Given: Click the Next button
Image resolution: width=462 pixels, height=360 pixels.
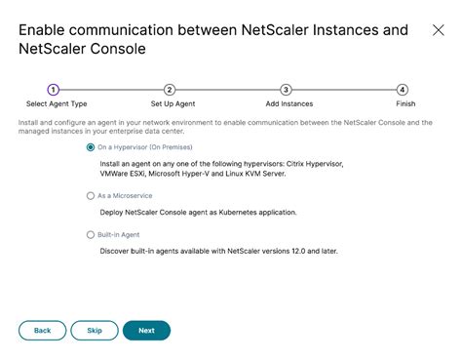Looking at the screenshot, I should pos(146,331).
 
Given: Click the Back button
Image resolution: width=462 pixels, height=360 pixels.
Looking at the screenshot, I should pos(42,331).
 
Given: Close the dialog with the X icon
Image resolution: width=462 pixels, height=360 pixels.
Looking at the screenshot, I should pos(438,30).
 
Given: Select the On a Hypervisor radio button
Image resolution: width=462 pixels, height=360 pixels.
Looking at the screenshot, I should pos(92,147).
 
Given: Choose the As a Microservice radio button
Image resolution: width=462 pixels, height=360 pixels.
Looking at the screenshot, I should pos(92,196).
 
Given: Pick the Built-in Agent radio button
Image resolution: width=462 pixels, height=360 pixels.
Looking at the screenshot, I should pos(92,235).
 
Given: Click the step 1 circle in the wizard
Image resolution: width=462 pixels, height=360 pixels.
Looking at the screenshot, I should pos(53,90).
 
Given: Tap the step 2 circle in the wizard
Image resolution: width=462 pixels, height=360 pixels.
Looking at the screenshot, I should pos(170,90).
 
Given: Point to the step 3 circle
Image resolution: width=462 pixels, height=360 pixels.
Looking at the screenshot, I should pos(286,90).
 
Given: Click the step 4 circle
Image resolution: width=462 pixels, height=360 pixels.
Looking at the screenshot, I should pos(403,90).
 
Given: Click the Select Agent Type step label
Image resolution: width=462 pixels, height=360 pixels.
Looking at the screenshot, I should pos(56,102).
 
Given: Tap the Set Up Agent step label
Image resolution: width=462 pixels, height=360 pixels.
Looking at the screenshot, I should pos(173,102).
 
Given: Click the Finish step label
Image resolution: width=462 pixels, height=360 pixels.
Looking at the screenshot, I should pos(405,102).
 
